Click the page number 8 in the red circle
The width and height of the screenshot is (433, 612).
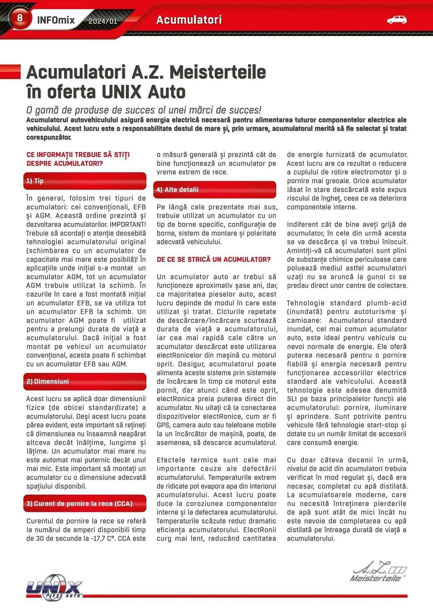tap(20, 18)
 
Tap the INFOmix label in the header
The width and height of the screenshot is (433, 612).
tap(56, 20)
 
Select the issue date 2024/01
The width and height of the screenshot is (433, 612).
tap(103, 21)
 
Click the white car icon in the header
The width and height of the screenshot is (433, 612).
tap(397, 20)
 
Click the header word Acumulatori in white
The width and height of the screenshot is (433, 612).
tap(189, 20)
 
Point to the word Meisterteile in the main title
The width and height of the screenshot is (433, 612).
tap(218, 73)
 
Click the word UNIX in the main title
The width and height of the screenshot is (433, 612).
tap(121, 92)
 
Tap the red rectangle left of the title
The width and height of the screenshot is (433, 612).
tap(10, 72)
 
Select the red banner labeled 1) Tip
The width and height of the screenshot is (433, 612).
tap(85, 181)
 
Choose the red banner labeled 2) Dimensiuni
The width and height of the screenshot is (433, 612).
tap(85, 381)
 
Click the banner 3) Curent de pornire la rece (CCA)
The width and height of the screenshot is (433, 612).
tap(85, 503)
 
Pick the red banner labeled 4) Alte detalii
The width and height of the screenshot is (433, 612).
tap(215, 189)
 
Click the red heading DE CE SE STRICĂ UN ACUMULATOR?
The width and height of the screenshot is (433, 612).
tap(214, 259)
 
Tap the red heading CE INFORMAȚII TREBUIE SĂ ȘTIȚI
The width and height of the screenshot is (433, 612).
tap(78, 155)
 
